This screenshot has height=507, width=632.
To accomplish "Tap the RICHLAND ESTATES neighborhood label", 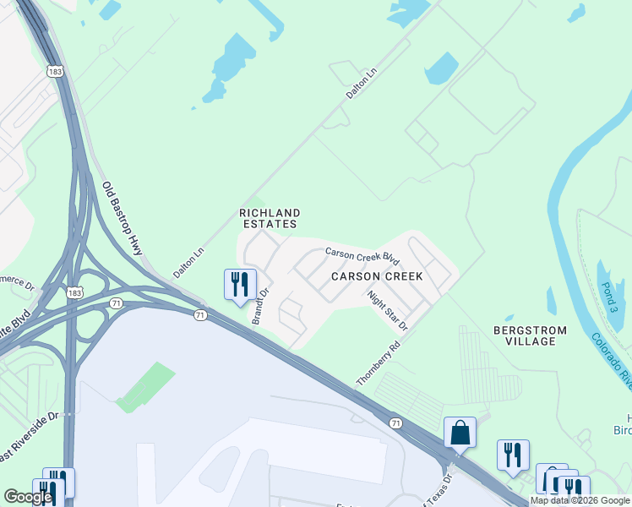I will pyautogui.click(x=269, y=218).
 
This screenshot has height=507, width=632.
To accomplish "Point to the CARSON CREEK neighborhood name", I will pyautogui.click(x=371, y=276).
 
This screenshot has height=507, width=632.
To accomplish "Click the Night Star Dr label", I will pyautogui.click(x=388, y=310).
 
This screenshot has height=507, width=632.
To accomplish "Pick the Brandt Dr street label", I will pyautogui.click(x=259, y=306).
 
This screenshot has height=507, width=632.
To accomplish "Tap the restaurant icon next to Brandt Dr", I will pyautogui.click(x=239, y=284).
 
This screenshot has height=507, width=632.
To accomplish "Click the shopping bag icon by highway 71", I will pyautogui.click(x=460, y=432).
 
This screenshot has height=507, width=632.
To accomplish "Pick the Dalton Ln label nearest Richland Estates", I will pyautogui.click(x=188, y=263).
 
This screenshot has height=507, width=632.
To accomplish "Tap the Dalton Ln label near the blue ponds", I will pyautogui.click(x=360, y=85).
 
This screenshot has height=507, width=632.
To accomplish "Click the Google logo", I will pyautogui.click(x=28, y=497).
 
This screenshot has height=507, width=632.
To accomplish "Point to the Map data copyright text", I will pyautogui.click(x=580, y=500).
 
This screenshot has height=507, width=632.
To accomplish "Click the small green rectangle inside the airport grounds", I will pyautogui.click(x=146, y=387).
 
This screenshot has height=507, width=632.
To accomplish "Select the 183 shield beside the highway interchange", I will pyautogui.click(x=74, y=292).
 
